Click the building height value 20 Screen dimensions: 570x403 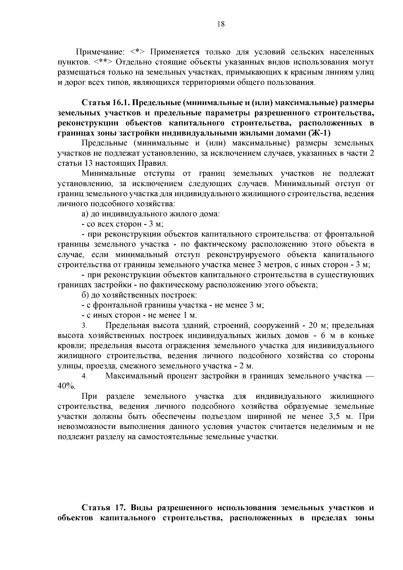(x=314, y=325)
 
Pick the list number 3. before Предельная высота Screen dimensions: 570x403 (x=84, y=326)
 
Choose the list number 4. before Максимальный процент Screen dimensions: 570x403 (x=84, y=376)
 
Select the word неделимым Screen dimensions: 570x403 (x=329, y=427)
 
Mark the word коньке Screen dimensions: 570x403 (x=362, y=336)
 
